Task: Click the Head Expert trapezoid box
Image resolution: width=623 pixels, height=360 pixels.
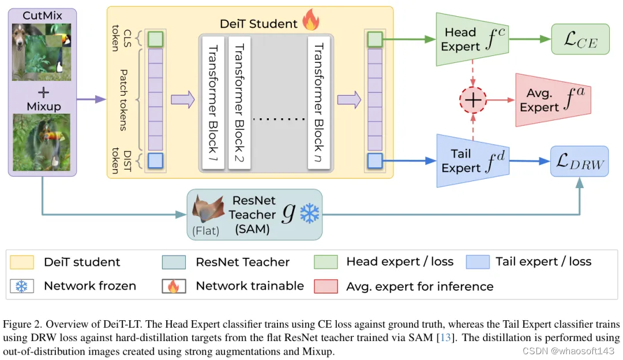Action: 471,39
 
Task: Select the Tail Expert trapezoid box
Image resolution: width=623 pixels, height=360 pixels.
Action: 471,161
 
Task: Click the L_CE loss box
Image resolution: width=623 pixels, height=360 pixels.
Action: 580,39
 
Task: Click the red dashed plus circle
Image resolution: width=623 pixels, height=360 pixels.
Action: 473,100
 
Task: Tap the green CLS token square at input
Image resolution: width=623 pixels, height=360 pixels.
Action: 156,39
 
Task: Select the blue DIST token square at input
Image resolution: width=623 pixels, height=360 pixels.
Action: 156,160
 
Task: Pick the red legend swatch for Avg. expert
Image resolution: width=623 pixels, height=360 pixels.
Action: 325,286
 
